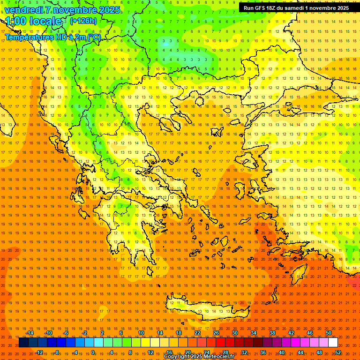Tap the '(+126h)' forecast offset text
tap(83, 21)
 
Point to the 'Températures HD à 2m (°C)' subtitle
tap(53, 37)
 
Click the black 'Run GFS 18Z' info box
tap(295, 8)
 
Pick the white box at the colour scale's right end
tap(333, 343)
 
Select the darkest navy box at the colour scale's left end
tap(23, 343)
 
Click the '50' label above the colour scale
tap(328, 333)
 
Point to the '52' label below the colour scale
tap(338, 352)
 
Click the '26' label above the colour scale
tap(216, 333)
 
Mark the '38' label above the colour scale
tap(272, 333)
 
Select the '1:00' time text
tap(15, 21)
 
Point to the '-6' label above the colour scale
tap(67, 333)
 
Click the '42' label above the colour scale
tap(291, 333)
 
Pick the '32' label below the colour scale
tap(244, 352)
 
